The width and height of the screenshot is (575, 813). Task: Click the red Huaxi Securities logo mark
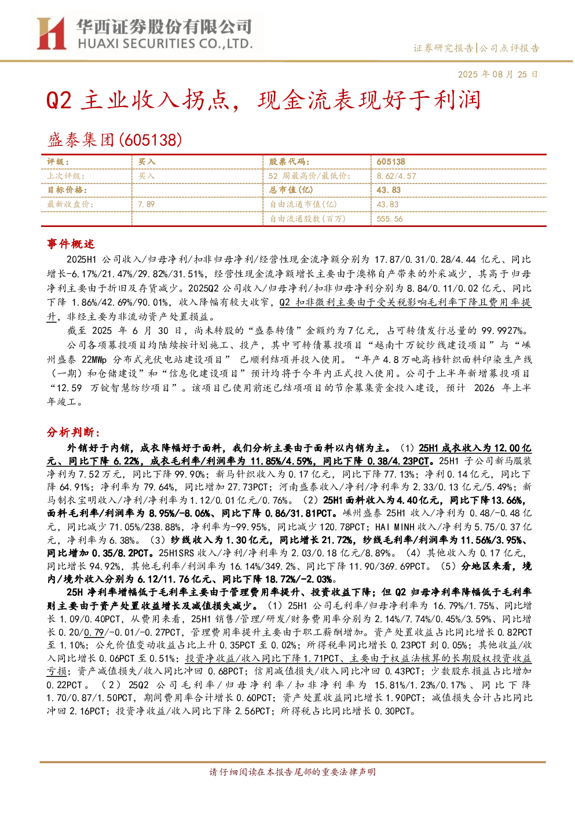(52, 34)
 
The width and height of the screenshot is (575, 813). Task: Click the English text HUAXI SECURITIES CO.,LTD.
(165, 44)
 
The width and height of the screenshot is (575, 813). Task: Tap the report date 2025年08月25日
(497, 74)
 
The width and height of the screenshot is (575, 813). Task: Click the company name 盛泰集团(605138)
(114, 140)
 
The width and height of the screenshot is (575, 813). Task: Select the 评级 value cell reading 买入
(147, 162)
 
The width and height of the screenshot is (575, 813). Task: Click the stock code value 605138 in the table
(391, 162)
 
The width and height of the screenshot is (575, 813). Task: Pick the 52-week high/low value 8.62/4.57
(397, 176)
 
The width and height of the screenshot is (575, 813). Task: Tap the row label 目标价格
(67, 190)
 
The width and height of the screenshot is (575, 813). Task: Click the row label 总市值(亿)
(291, 190)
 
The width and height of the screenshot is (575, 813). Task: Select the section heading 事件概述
(71, 244)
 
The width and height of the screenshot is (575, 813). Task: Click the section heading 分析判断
(74, 433)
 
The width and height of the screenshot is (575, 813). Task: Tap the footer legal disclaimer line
(292, 772)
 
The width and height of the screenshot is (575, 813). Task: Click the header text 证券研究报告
(444, 48)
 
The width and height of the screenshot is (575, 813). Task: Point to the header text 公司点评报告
(509, 48)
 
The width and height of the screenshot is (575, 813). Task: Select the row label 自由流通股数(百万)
(307, 219)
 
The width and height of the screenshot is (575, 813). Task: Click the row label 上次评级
(65, 176)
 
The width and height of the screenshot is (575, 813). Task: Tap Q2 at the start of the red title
(59, 100)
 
